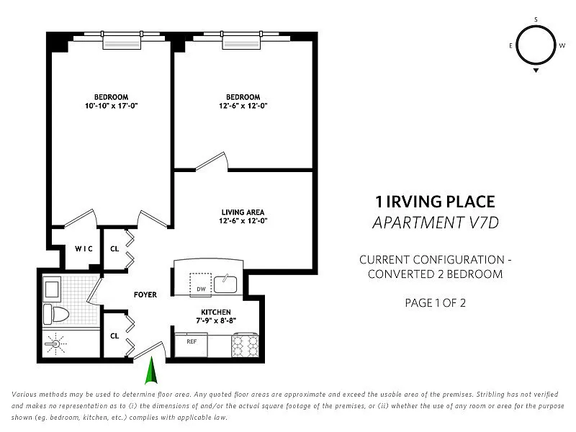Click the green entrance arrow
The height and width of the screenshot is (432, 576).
pyautogui.click(x=151, y=370)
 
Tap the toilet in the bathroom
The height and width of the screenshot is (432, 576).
pyautogui.click(x=57, y=315)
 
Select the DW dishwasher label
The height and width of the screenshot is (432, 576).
pyautogui.click(x=201, y=289)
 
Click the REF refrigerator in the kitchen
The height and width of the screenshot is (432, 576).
pyautogui.click(x=191, y=345)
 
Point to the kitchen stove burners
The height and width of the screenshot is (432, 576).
pyautogui.click(x=245, y=345)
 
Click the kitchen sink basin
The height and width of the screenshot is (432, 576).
pyautogui.click(x=225, y=284)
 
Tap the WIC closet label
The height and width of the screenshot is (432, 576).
pyautogui.click(x=84, y=248)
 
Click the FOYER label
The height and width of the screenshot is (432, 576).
pyautogui.click(x=145, y=294)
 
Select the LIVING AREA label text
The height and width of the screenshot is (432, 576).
pyautogui.click(x=243, y=212)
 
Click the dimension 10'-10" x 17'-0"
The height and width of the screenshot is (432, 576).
pyautogui.click(x=112, y=106)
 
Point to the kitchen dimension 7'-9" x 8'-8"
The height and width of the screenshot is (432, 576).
pyautogui.click(x=215, y=320)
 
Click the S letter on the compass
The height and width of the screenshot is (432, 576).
pyautogui.click(x=536, y=19)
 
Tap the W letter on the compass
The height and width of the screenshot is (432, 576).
pyautogui.click(x=562, y=45)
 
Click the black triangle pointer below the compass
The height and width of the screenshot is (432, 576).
pyautogui.click(x=536, y=70)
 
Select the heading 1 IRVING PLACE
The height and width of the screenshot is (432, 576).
pyautogui.click(x=435, y=202)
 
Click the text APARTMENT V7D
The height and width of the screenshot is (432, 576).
pyautogui.click(x=436, y=222)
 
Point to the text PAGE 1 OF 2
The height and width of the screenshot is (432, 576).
pyautogui.click(x=436, y=303)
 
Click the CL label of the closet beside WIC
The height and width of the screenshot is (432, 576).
pyautogui.click(x=114, y=248)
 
